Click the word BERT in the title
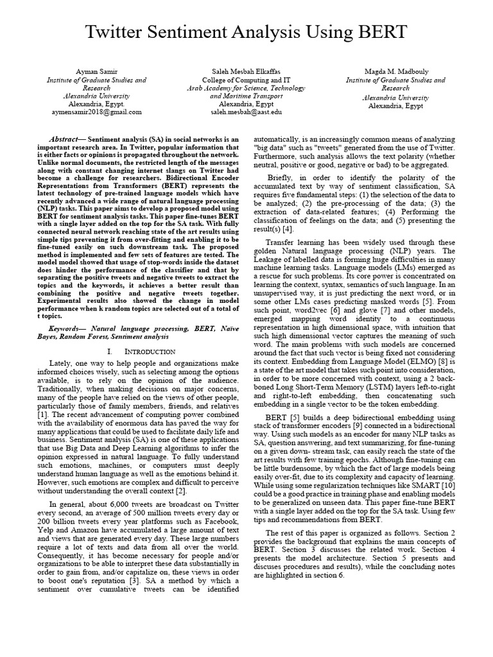[x=379, y=32]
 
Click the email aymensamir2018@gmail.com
[x=96, y=112]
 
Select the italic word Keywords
[x=66, y=327]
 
